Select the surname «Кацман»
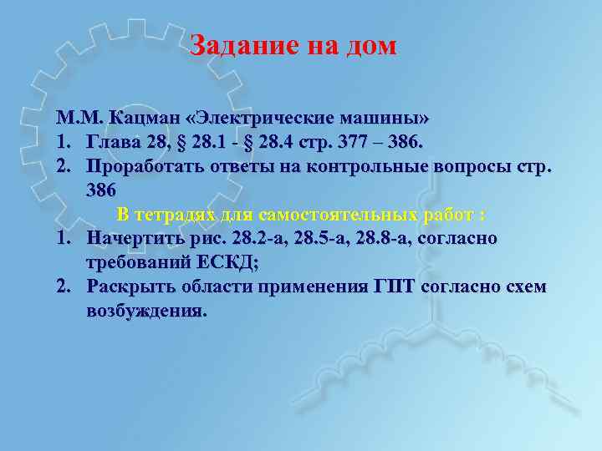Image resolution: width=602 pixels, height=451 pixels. tap(144, 115)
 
